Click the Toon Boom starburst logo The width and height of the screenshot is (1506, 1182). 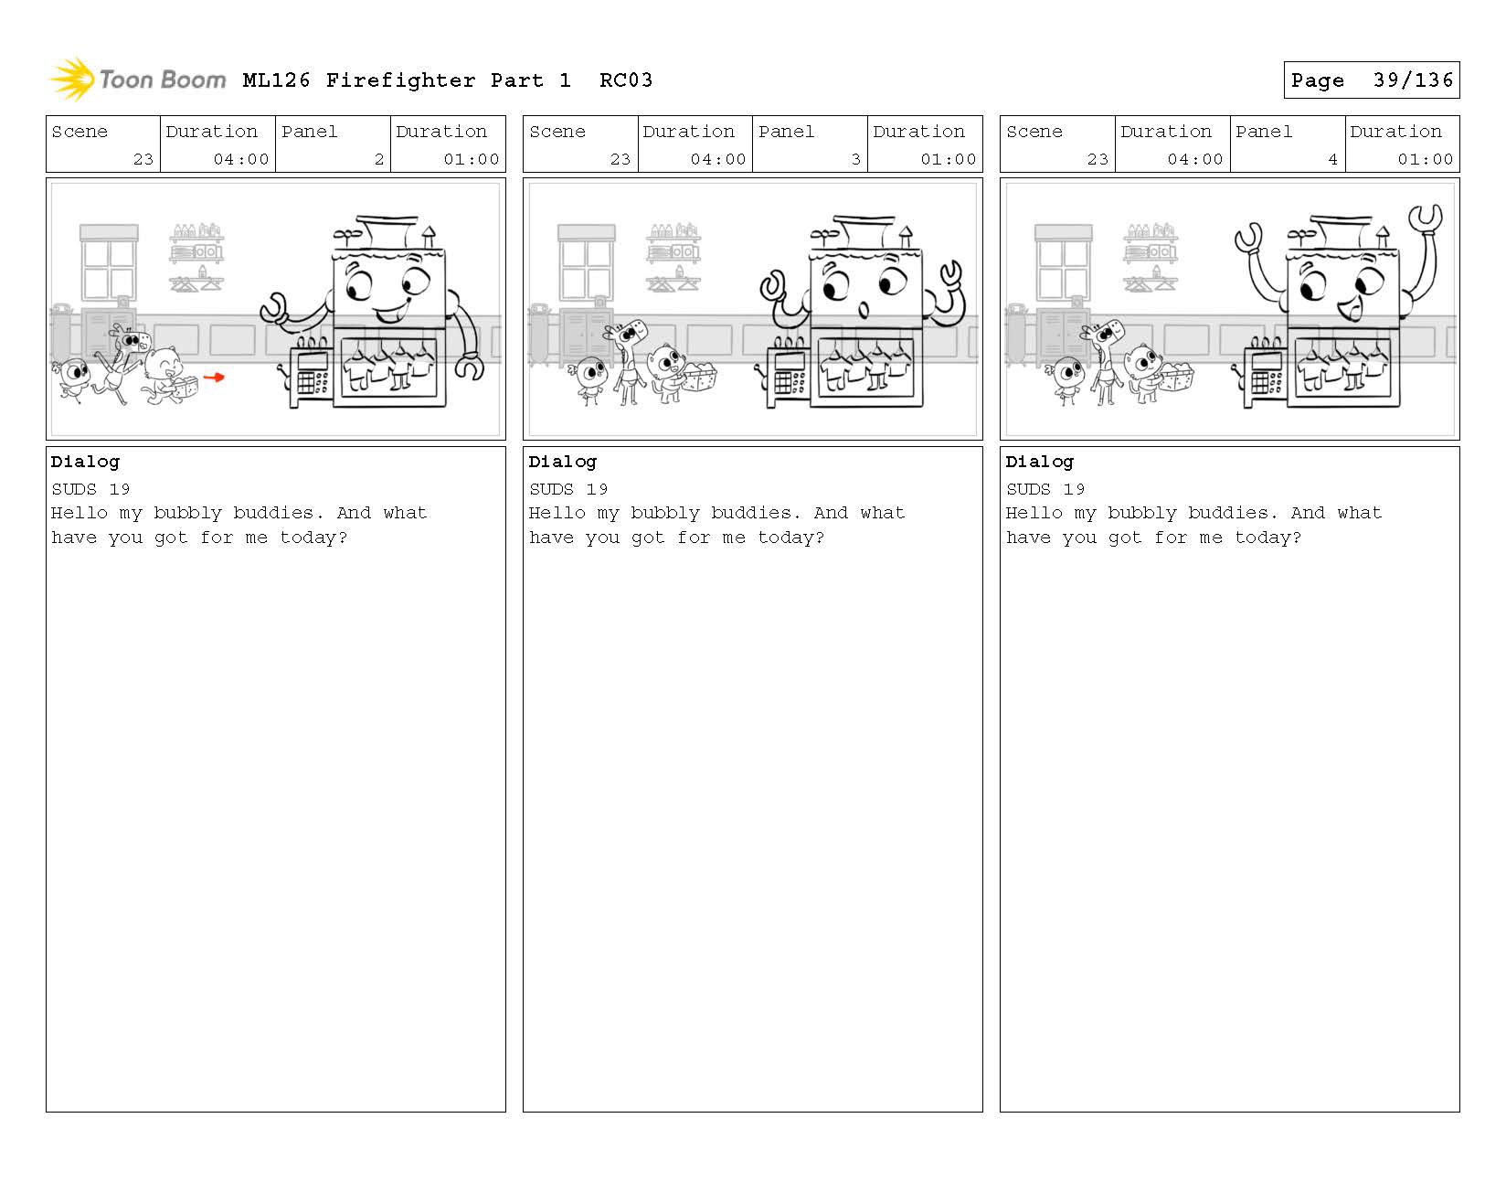(x=73, y=79)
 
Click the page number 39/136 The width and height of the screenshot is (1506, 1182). (x=1413, y=80)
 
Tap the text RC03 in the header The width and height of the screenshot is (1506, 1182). (x=625, y=80)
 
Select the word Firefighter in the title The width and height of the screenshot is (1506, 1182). (x=400, y=80)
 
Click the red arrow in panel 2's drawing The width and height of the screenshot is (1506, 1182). (x=214, y=378)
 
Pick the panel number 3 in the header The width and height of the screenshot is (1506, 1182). (x=856, y=159)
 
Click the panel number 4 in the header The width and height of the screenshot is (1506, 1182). (x=1332, y=159)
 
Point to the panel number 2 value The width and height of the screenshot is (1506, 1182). (x=379, y=159)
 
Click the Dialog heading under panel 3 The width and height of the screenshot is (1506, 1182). (x=562, y=462)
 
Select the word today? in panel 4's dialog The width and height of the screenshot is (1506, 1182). (x=1267, y=538)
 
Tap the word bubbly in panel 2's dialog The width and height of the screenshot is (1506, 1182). (x=188, y=513)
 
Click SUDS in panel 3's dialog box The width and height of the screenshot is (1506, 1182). (x=551, y=489)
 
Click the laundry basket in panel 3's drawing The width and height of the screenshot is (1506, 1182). (x=699, y=378)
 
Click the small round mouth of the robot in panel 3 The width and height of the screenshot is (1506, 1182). (x=864, y=309)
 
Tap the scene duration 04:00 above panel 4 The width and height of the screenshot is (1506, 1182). (x=1194, y=159)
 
